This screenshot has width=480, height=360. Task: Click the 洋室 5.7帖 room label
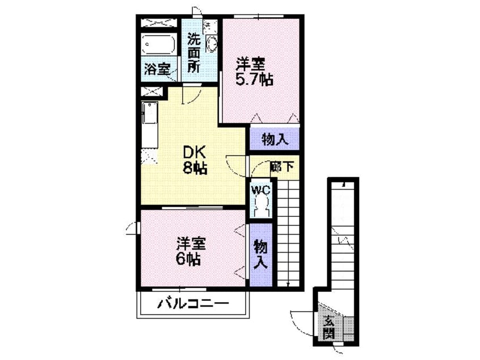coord(254,72)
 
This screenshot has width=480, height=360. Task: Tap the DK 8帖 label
coord(195,160)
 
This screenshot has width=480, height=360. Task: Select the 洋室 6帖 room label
coord(190,251)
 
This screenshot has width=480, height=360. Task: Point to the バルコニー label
coord(193,304)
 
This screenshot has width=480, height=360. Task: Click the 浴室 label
coord(157,69)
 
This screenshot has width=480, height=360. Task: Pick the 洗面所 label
coord(193,52)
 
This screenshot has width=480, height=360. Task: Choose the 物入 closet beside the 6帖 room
coord(260,254)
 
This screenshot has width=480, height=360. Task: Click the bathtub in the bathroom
coord(158,45)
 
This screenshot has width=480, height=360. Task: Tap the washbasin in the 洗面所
coord(211,44)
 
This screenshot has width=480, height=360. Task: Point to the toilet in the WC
coord(261,206)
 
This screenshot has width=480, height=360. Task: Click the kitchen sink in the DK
coord(150,113)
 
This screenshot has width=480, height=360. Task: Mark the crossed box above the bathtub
coord(158,23)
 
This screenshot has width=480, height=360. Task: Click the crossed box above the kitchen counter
coord(152,91)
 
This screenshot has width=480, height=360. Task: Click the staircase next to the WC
coord(288,233)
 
